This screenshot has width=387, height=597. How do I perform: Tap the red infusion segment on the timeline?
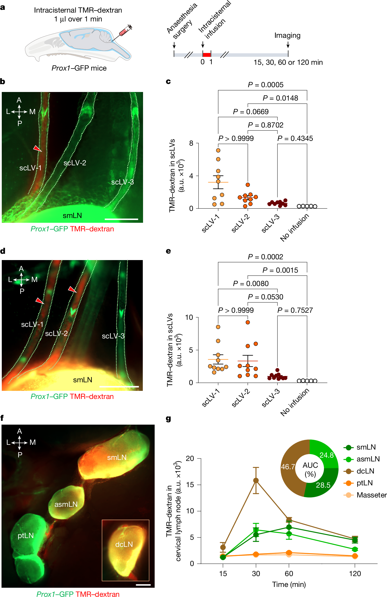207,55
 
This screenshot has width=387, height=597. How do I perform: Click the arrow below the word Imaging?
288,45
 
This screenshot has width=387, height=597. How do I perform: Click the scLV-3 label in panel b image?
122,182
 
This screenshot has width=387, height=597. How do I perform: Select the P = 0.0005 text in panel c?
265,85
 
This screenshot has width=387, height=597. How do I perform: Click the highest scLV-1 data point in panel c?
218,150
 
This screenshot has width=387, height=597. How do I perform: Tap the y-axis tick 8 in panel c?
191,143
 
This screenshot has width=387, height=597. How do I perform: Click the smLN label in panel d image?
82,380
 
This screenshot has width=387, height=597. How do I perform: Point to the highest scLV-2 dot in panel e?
248,322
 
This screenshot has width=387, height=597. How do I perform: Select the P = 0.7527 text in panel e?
295,310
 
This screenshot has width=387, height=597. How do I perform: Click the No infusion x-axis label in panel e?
295,402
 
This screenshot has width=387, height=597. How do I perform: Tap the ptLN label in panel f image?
25,536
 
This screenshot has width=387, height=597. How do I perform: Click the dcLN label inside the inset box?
124,544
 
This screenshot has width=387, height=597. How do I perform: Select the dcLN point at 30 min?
256,480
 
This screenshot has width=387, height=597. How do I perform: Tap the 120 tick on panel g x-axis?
355,574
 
